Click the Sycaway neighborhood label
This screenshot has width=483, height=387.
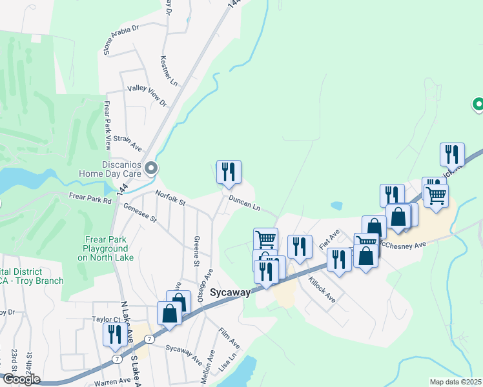(230, 292)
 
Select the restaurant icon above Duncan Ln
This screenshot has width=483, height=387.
(229, 172)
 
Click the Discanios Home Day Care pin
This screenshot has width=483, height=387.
(151, 169)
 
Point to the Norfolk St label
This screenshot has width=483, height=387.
(170, 198)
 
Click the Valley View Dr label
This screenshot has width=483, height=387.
(147, 95)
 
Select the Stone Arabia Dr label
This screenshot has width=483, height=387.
(121, 39)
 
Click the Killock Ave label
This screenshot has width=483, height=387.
(322, 290)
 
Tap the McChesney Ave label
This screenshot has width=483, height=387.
(403, 245)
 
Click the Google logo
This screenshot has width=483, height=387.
(21, 379)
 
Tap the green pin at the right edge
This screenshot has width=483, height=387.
(478, 103)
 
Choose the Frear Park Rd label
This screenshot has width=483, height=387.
(90, 200)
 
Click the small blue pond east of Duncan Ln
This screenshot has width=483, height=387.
(336, 206)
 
